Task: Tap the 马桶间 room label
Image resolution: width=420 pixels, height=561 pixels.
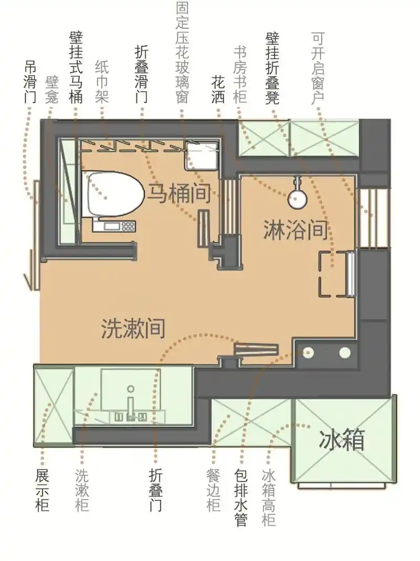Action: pos(178,194)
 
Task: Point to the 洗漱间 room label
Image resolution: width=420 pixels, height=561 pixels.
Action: pos(133,329)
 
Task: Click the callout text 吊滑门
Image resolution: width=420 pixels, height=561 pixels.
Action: pos(30,83)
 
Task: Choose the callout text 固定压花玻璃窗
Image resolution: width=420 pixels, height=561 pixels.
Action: pos(183,53)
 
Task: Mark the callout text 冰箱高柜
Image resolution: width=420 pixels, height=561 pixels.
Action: pos(269,497)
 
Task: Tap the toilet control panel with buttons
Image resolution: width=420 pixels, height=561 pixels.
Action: pos(114,226)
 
